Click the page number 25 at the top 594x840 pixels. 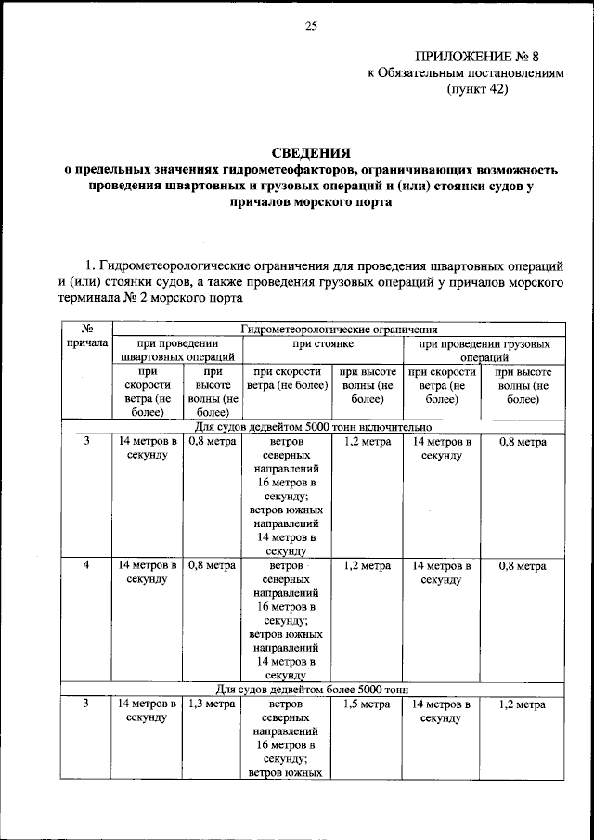coord(310,26)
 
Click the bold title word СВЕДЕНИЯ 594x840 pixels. coord(310,152)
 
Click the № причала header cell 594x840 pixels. coord(85,336)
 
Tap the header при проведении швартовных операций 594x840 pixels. coord(176,350)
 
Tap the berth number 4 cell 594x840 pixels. coord(85,565)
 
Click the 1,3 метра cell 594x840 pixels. coord(211,705)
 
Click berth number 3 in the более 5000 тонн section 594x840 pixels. coord(85,705)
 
